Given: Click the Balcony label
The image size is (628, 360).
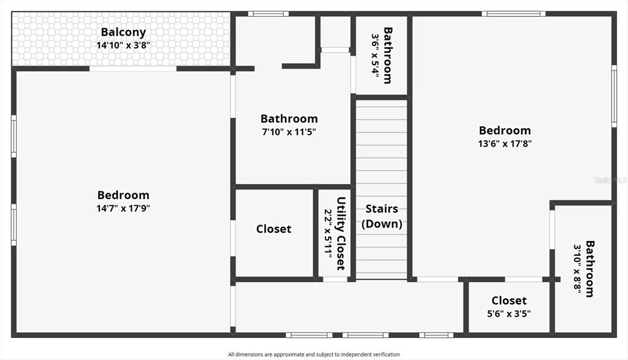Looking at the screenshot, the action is pos(123,32).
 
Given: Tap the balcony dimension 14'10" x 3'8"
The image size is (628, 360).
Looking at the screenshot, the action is pos(123,45).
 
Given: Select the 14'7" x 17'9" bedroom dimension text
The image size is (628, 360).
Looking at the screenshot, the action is pos(123,209).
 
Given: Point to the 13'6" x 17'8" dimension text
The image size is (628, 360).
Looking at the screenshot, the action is pos(505,144).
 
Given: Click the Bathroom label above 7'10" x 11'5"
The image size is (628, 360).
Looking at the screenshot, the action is pos(289,118).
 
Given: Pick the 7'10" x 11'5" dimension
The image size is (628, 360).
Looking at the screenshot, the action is pos(289,132).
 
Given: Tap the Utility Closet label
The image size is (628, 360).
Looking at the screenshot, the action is pos(341,234).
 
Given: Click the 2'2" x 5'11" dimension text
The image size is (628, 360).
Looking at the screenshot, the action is pos(329,234).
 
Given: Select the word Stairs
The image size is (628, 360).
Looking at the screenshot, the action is pos(381,209).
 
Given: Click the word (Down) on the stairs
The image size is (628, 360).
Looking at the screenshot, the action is pos(381,223).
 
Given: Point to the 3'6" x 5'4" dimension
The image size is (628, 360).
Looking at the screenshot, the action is pos(375,56).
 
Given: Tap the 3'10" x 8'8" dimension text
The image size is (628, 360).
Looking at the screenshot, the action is pos(577,269).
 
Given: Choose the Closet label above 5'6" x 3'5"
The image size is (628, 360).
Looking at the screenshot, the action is pos(509,301).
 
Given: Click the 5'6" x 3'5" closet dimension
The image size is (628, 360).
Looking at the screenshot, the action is pos(509,313).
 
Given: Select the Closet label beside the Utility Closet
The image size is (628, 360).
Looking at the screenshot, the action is pos(274,229).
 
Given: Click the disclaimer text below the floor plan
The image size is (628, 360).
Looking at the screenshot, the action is pos(314,354).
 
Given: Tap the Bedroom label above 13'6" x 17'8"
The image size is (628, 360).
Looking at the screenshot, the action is pos(505,130).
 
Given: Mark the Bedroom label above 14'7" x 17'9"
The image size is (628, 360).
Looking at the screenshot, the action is pos(123,195).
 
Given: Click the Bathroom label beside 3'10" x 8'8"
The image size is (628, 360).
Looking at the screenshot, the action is pos(590,269).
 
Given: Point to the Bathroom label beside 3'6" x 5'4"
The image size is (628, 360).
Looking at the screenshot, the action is pos(388,56).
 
